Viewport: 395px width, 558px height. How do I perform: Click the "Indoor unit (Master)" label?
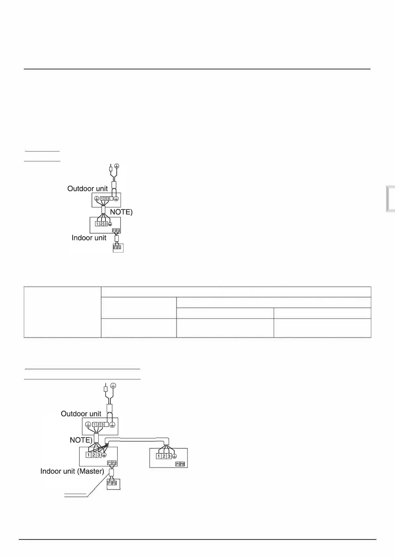(72, 471)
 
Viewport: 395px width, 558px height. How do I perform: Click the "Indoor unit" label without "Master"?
(89, 238)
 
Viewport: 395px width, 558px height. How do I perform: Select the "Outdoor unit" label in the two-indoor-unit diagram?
(81, 414)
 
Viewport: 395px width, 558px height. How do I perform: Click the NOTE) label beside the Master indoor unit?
(81, 440)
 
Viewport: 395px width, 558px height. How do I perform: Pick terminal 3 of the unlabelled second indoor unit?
(169, 456)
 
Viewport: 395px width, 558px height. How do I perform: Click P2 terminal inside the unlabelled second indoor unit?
(182, 464)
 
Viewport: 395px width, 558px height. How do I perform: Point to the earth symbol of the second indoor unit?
(174, 456)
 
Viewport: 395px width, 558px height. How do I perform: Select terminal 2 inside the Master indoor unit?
(94, 455)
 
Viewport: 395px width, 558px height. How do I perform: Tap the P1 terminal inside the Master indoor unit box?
(109, 463)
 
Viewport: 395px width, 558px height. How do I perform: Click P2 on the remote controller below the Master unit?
(114, 483)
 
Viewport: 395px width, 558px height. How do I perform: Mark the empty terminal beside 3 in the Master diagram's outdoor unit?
(107, 424)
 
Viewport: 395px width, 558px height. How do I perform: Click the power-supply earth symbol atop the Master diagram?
(113, 386)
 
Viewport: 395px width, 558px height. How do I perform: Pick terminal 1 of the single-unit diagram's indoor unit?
(97, 224)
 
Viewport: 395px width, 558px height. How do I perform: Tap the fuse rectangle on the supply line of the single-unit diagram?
(111, 169)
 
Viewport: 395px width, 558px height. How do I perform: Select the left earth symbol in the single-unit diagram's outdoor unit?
(97, 198)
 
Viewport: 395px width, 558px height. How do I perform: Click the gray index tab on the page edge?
(390, 199)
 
